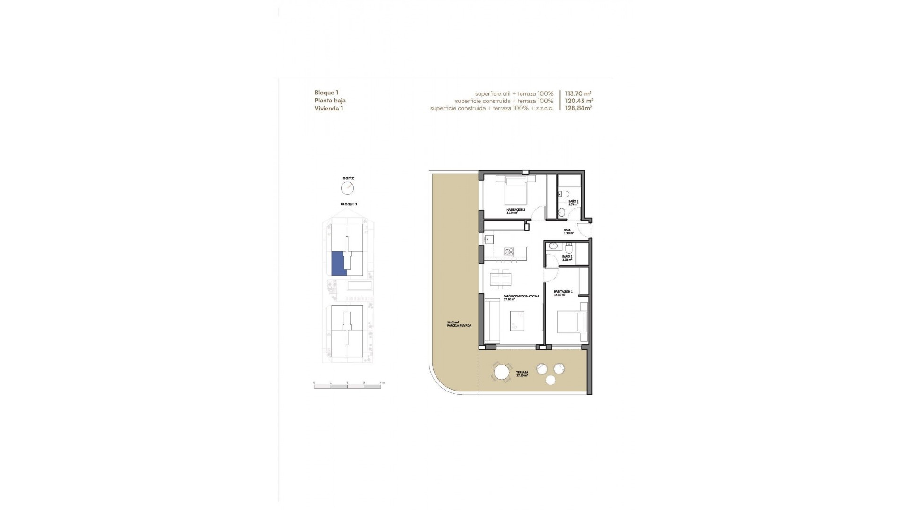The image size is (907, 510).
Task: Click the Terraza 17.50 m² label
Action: (522, 374)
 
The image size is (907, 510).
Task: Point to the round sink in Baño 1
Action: (553, 246)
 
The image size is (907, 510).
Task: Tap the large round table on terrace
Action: (501, 373)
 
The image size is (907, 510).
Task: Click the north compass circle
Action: (347, 188)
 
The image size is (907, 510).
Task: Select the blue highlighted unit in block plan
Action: (339, 263)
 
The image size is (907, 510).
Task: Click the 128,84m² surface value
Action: (579, 108)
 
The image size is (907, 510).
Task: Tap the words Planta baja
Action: (330, 101)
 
